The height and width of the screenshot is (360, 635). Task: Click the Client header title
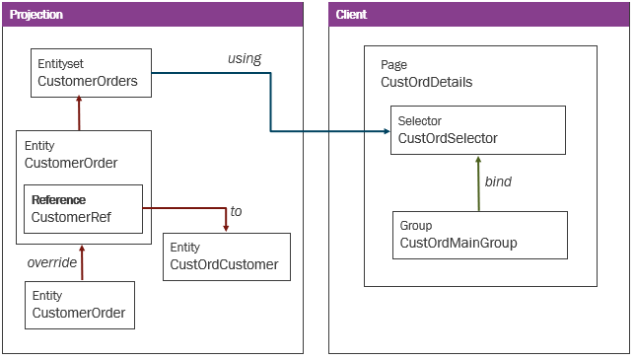pos(352,14)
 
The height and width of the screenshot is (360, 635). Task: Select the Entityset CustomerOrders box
pos(91,73)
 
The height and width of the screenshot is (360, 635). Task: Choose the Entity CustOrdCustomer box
pos(226,256)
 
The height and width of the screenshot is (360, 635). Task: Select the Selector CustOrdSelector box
pos(477,129)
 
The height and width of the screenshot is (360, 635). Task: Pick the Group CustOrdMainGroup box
pos(479,234)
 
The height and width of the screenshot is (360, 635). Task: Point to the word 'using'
pos(245,58)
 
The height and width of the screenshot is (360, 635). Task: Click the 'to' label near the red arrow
pos(236,211)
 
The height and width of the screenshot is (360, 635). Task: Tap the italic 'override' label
pos(52,262)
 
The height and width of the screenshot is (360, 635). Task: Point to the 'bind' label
pos(498,181)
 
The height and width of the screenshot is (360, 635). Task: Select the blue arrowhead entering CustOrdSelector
pos(384,130)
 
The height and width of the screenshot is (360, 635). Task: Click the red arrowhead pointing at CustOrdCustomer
pos(226,227)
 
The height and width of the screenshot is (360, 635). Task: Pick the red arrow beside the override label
pos(83,262)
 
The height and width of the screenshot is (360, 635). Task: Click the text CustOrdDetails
pos(426,82)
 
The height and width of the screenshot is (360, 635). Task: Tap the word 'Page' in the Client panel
pos(393,65)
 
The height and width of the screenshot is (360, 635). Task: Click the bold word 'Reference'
pos(58,199)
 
